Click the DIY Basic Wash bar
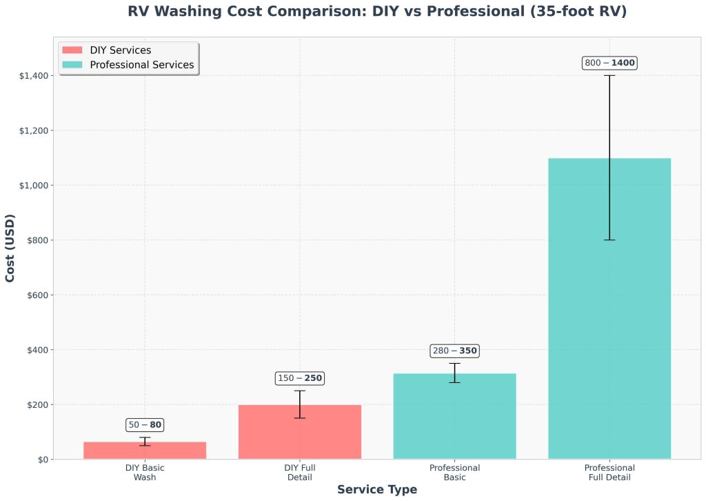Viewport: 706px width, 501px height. click(x=145, y=451)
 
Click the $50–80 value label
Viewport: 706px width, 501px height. click(x=145, y=425)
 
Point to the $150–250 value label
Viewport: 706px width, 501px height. click(x=300, y=378)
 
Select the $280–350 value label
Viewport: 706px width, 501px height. click(x=454, y=351)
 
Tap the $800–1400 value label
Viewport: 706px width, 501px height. click(x=609, y=63)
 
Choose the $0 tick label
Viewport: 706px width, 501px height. click(x=43, y=460)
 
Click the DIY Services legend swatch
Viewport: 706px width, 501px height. click(x=72, y=50)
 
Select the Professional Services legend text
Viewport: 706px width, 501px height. click(x=142, y=65)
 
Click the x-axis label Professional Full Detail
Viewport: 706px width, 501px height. click(x=609, y=473)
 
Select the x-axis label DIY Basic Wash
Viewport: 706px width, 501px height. click(x=145, y=473)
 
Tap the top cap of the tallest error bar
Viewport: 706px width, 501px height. click(x=609, y=75)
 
